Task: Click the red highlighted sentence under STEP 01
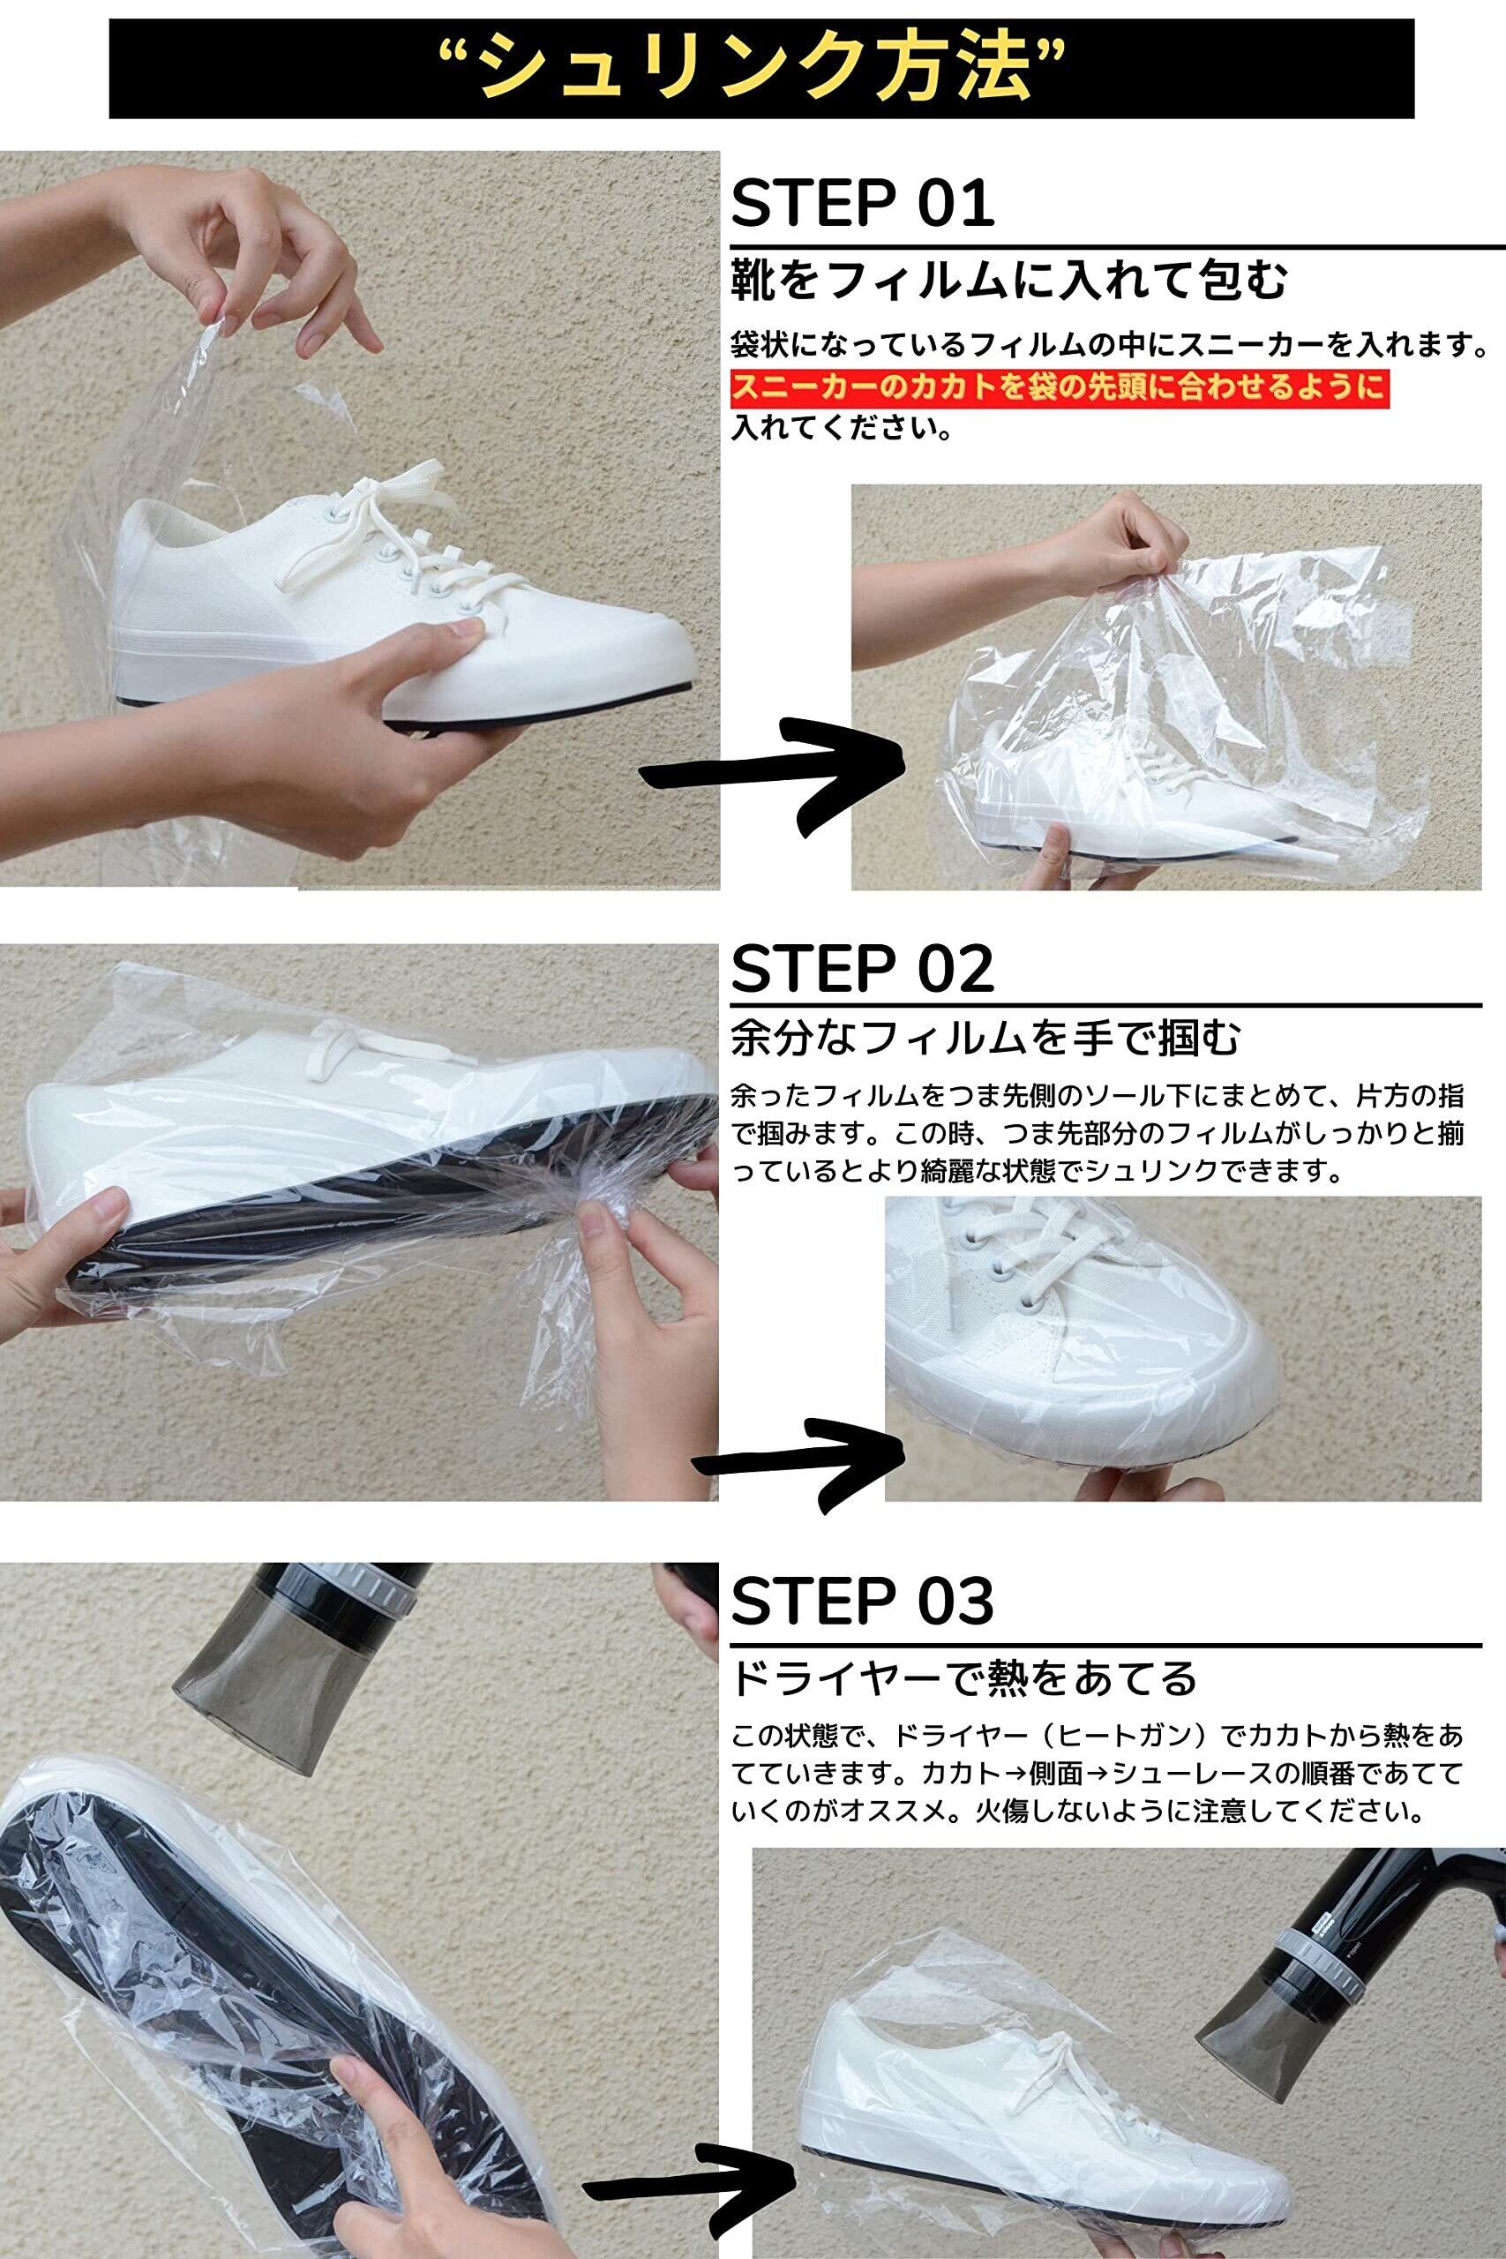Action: point(1060,388)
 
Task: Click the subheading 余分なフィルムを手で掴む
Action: point(985,1039)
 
